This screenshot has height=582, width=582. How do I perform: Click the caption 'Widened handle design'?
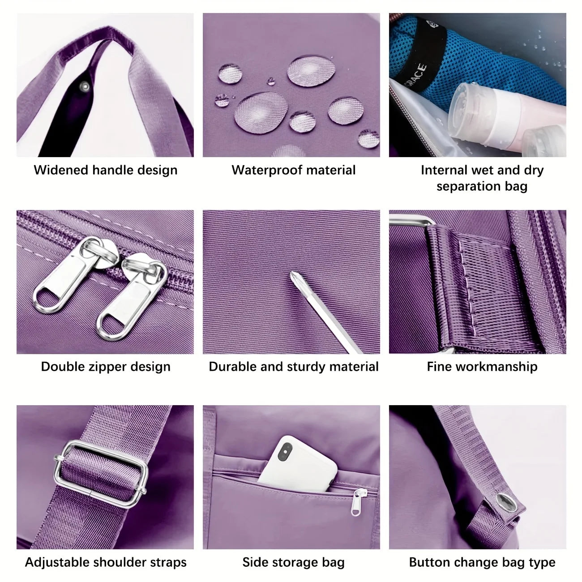[x=106, y=170]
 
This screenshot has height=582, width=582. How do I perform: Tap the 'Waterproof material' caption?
[x=293, y=170]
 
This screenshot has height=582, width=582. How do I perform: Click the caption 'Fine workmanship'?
[x=482, y=367]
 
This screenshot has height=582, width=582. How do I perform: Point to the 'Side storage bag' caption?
[x=293, y=562]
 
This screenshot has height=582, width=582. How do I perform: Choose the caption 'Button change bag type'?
[x=482, y=562]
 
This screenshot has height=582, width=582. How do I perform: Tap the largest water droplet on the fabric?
[x=261, y=111]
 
